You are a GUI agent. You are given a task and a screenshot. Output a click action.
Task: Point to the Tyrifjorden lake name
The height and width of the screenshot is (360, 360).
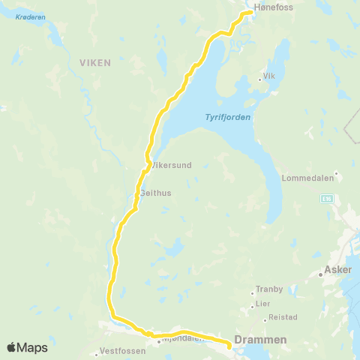click(x=227, y=117)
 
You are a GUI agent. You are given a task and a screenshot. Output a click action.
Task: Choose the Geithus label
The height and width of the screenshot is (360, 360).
click(x=156, y=193)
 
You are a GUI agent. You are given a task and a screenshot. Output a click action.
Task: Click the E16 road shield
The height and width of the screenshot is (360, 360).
click(x=327, y=199)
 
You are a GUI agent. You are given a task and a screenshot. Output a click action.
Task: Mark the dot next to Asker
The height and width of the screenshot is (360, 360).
click(x=320, y=274)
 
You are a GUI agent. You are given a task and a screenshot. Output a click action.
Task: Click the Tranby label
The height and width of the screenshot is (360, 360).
click(x=269, y=288)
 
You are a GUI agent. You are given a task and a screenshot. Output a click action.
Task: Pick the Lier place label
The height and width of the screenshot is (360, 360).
click(x=262, y=304)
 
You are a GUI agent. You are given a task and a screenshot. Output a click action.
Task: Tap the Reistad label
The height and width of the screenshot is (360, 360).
click(x=283, y=317)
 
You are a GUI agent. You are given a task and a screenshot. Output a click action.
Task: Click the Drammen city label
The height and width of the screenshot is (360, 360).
click(x=260, y=340)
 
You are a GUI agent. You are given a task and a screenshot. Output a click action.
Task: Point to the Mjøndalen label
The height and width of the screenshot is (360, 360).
click(x=183, y=338)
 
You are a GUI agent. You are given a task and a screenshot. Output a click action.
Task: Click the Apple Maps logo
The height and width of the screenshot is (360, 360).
click(x=28, y=347)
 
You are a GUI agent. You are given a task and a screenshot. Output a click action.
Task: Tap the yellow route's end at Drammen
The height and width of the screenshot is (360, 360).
click(x=228, y=345)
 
